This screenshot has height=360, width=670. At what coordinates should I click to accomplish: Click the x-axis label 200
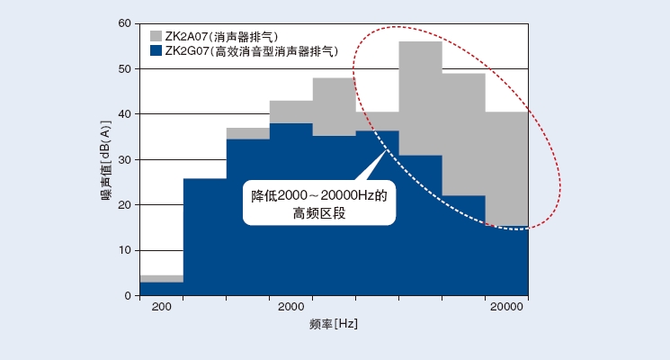(x=162, y=309)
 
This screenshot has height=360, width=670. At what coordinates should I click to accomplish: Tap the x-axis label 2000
(x=290, y=309)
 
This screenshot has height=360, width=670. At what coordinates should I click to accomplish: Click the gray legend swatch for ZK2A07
(x=156, y=36)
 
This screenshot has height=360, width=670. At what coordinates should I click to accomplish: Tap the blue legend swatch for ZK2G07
(x=156, y=51)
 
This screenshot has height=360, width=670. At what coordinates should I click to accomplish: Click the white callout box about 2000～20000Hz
(x=319, y=202)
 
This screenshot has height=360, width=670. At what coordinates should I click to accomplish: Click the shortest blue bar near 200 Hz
(x=162, y=289)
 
